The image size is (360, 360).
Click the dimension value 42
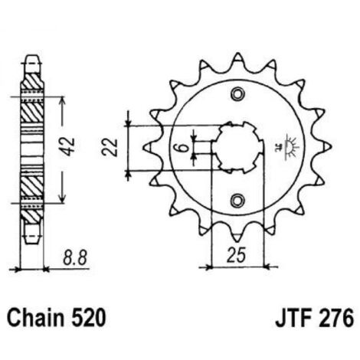click(x=68, y=147)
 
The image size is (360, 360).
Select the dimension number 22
click(x=110, y=147)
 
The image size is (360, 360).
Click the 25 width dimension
click(x=237, y=255)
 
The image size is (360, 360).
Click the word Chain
click(x=35, y=318)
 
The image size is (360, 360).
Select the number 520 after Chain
click(x=88, y=318)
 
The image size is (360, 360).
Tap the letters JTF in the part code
click(x=292, y=318)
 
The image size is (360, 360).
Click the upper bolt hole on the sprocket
click(x=237, y=93)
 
